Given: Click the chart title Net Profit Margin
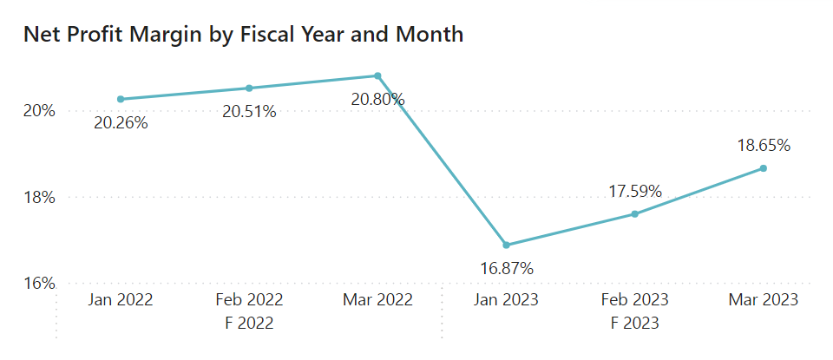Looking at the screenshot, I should [243, 35].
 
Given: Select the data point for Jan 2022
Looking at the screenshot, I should [121, 99].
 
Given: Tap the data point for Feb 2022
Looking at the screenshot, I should [249, 88].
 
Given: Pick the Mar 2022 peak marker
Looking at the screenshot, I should [377, 75].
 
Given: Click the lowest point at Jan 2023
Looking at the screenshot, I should [507, 245].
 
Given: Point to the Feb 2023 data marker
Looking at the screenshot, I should [635, 213].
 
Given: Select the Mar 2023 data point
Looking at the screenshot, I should [764, 167].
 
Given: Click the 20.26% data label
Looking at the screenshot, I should [121, 123].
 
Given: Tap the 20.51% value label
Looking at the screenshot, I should [249, 112].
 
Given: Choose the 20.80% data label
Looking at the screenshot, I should [377, 100].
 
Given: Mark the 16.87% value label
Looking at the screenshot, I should [507, 269].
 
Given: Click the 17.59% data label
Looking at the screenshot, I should [635, 190].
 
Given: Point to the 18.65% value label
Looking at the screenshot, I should [764, 145].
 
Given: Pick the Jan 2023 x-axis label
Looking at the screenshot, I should [507, 300].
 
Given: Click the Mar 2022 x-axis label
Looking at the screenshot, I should [377, 300].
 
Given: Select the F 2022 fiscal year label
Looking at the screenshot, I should [249, 324].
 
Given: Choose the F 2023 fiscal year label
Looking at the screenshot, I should [635, 324].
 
